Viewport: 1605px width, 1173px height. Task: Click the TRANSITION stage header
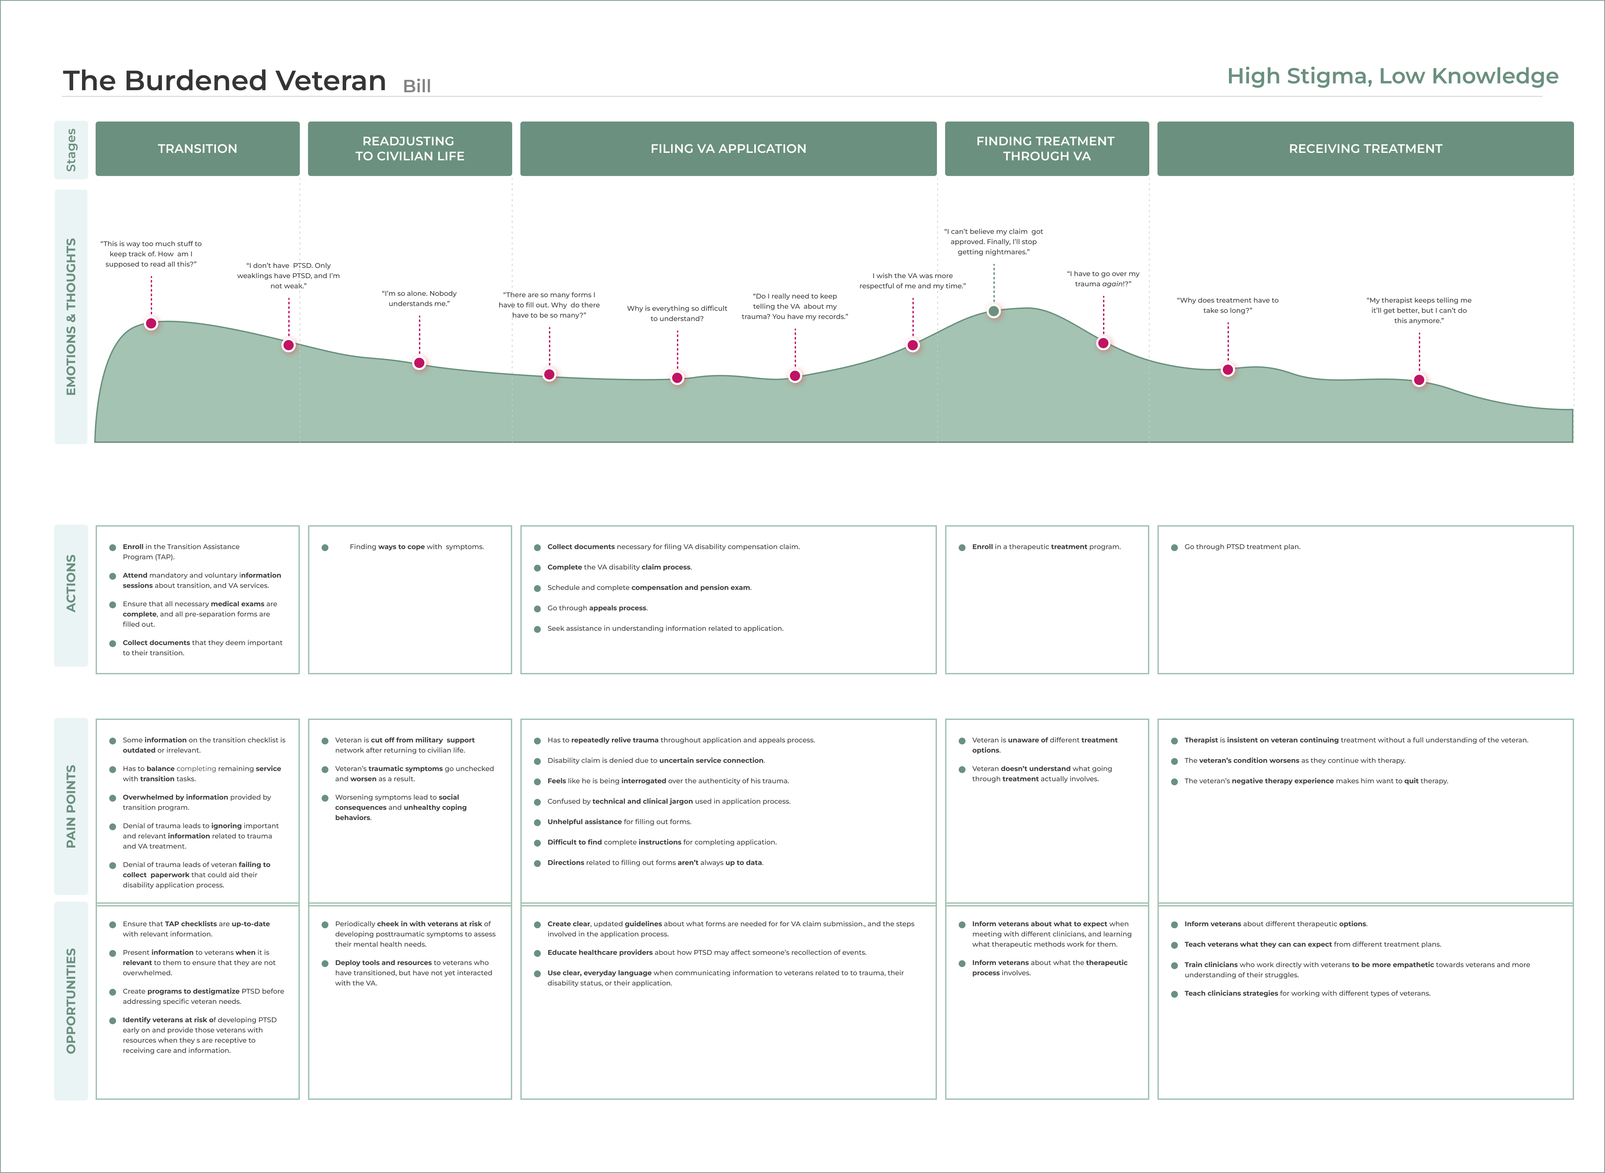tap(197, 148)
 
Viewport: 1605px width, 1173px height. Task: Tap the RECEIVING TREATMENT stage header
tap(1365, 148)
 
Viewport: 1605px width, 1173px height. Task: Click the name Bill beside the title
tap(417, 86)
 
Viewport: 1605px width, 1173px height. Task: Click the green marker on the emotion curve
tap(994, 311)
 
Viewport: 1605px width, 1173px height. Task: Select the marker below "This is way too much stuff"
tap(151, 324)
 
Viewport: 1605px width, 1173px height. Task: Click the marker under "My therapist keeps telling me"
tap(1419, 380)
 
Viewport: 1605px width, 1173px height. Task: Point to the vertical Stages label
tap(71, 150)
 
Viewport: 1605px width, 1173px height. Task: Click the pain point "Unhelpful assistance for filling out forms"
tap(619, 821)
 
